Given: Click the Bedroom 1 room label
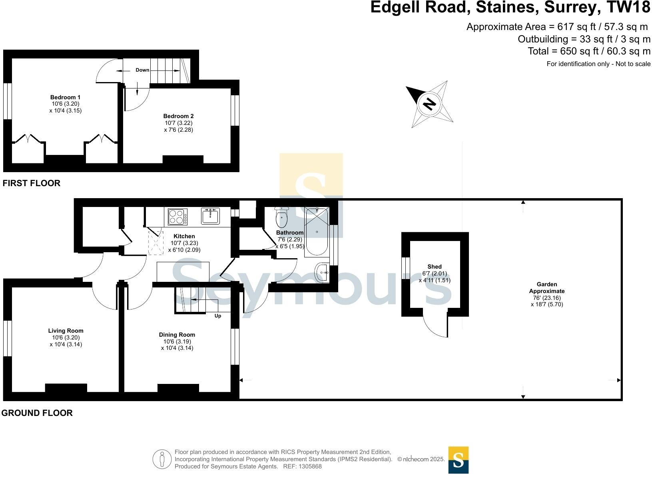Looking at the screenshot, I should (x=65, y=97).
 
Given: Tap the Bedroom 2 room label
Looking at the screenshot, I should (x=178, y=116).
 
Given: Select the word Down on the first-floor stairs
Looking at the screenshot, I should (x=142, y=70).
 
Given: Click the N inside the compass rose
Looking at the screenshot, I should (x=430, y=104).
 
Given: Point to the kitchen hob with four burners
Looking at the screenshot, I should (x=177, y=217).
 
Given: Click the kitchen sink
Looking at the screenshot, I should (x=210, y=216).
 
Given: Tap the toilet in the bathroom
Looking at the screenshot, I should (x=281, y=217).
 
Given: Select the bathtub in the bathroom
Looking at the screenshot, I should (x=316, y=232).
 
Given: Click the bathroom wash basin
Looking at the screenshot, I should (x=322, y=273).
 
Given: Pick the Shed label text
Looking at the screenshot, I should (x=434, y=267).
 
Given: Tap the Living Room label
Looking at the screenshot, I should (x=66, y=331).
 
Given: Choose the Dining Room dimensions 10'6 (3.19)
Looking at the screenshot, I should (x=177, y=341).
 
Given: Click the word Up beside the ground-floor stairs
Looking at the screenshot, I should (x=218, y=316).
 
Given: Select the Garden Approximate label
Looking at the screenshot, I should (x=547, y=287).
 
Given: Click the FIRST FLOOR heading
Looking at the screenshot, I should (x=31, y=183).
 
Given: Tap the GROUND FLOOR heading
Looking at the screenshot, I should (x=37, y=413).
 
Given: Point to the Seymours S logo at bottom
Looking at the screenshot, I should (x=458, y=460).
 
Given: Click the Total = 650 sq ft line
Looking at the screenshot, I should (x=589, y=51).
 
